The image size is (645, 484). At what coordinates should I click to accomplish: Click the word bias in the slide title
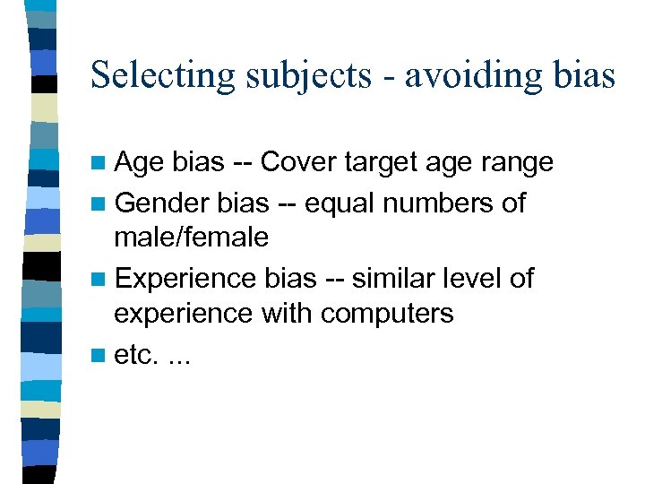tap(588, 75)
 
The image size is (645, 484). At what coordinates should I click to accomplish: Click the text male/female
tap(191, 238)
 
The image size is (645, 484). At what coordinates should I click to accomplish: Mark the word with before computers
tap(288, 314)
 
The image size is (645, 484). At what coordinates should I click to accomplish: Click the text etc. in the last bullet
tap(134, 355)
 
